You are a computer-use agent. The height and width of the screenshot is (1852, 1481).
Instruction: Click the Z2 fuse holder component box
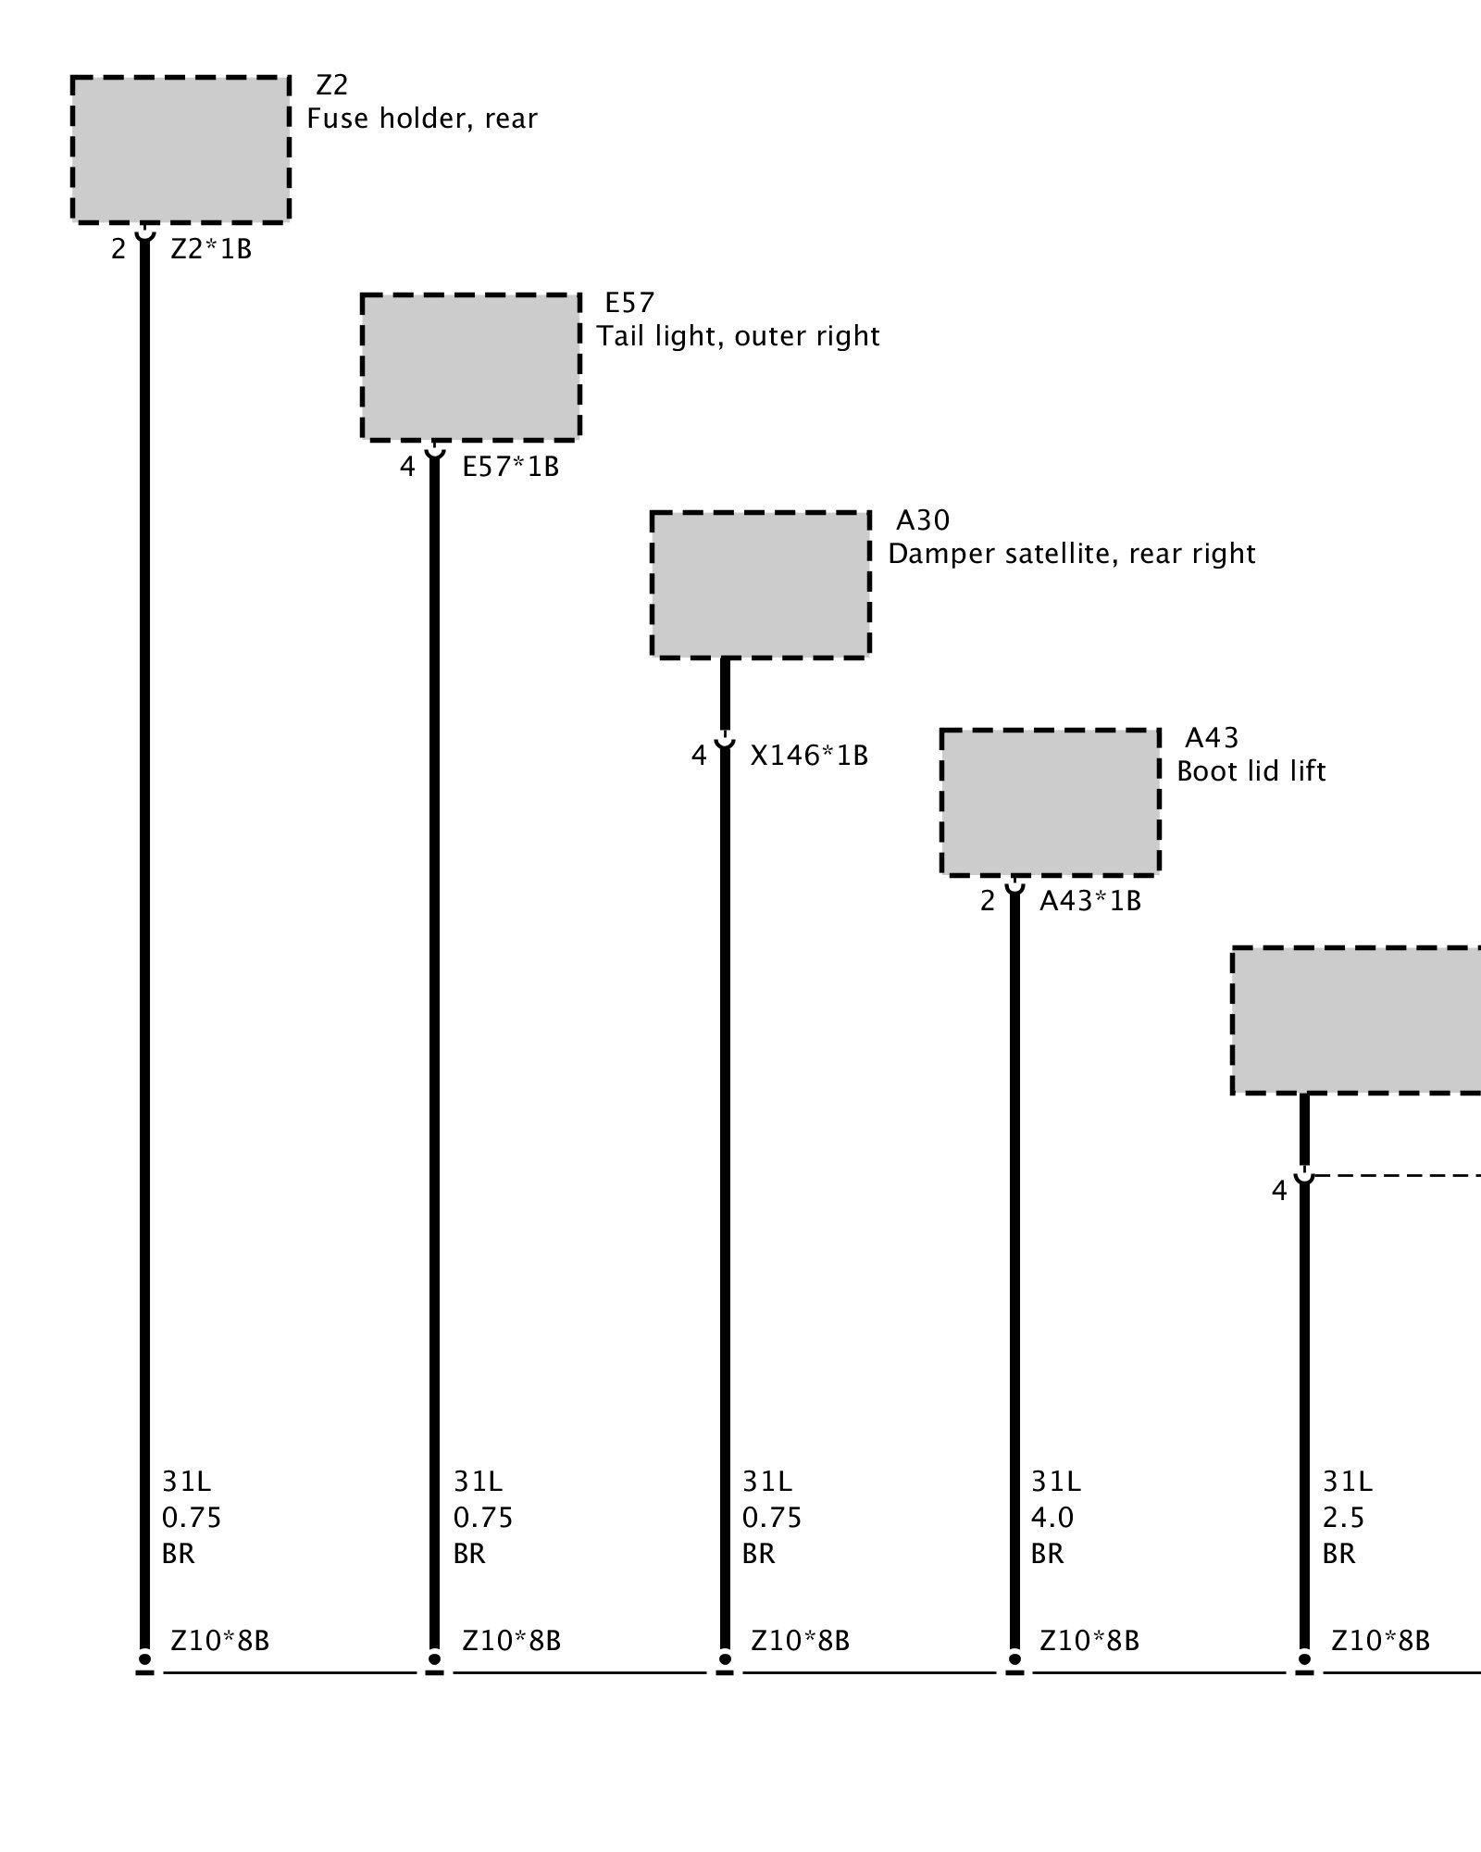click(180, 150)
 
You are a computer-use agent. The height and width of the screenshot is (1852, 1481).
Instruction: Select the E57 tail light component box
click(470, 367)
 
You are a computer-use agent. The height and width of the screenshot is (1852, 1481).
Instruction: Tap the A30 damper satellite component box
click(760, 584)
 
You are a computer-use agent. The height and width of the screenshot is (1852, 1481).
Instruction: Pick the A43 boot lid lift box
click(1050, 802)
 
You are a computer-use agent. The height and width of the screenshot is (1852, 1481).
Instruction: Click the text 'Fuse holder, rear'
click(422, 119)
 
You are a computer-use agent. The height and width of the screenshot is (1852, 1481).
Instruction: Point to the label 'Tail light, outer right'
click(738, 336)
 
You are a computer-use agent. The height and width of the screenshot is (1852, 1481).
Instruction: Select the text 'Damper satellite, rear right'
click(1071, 554)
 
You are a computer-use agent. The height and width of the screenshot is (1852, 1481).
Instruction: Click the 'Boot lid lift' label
click(1251, 771)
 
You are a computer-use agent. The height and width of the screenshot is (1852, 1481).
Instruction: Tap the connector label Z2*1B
click(211, 249)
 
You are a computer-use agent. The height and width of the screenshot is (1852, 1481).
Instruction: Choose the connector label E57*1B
click(511, 467)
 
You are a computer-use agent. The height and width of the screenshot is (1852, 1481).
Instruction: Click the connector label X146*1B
click(809, 757)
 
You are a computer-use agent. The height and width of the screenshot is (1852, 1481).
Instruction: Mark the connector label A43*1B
click(1089, 901)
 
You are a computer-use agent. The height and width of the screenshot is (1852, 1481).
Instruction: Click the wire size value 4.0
click(1052, 1518)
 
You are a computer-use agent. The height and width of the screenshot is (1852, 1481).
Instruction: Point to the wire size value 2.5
click(1344, 1518)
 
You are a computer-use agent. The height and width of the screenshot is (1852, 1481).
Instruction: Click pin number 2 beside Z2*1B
click(118, 249)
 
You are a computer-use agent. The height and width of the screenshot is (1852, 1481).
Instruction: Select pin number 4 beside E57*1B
click(407, 467)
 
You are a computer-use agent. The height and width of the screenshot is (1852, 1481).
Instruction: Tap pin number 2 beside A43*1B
click(988, 901)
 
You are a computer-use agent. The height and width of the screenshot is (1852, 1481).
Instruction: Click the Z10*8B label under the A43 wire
click(1089, 1641)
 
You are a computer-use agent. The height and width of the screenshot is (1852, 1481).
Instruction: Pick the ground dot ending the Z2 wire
click(144, 1658)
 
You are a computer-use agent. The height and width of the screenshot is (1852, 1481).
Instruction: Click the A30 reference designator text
click(923, 520)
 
